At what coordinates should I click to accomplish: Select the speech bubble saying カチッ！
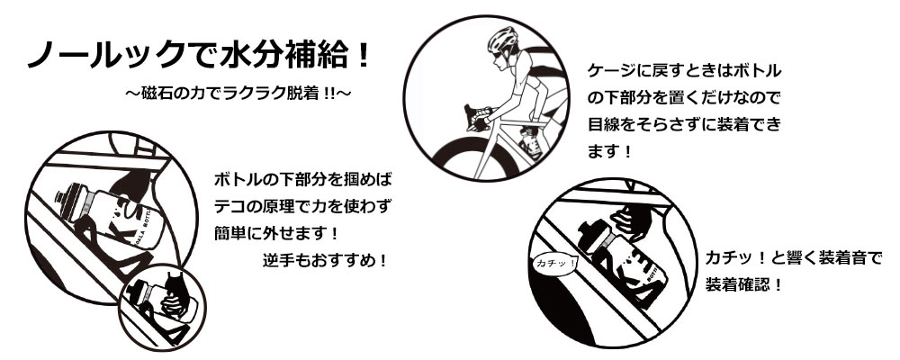549,262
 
